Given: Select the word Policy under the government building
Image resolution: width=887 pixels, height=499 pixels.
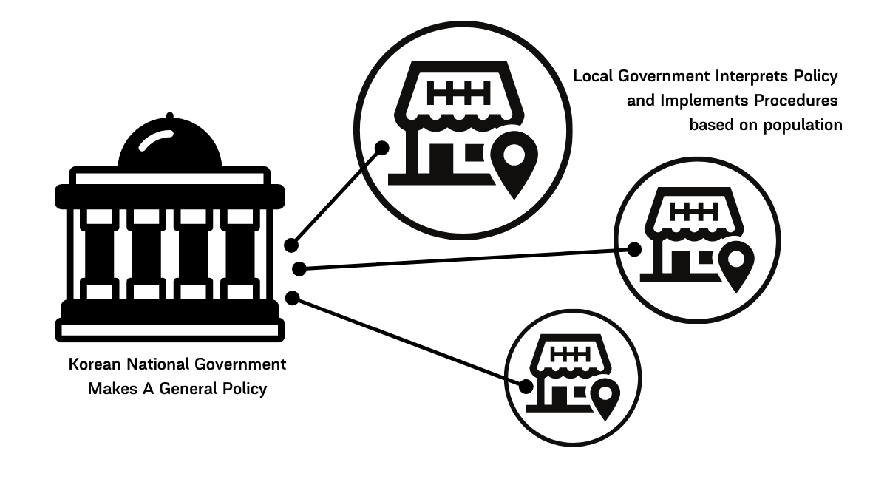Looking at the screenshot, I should (244, 389).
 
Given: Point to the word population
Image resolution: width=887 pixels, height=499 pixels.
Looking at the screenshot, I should (803, 125).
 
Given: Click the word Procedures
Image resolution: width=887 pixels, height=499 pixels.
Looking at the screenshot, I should (797, 101).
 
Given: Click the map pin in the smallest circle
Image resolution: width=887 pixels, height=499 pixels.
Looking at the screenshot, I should (606, 396).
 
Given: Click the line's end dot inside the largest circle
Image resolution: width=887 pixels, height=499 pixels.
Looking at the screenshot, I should (382, 147).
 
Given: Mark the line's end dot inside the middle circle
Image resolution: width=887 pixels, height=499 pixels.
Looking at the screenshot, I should (634, 250).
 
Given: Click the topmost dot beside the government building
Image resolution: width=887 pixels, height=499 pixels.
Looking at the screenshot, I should (291, 245).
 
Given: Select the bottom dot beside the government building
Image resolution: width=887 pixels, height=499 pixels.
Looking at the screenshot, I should (292, 298).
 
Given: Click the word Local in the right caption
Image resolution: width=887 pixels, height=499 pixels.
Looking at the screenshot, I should (594, 76).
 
